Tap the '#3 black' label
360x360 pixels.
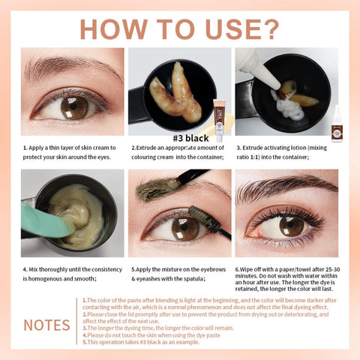(180, 137)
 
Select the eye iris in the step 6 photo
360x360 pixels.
(290, 226)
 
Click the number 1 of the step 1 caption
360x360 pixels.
(25, 148)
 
